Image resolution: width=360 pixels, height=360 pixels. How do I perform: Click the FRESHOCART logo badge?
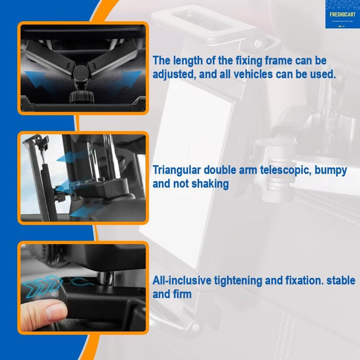(342, 14)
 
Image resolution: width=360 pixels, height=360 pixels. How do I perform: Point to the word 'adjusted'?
(175, 75)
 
